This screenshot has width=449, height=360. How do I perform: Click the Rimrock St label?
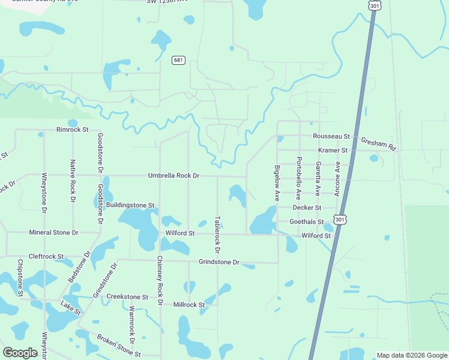(72, 130)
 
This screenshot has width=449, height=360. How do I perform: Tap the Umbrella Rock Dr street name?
(173, 176)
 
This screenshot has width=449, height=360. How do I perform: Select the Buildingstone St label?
(130, 205)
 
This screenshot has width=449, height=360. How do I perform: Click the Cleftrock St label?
(46, 256)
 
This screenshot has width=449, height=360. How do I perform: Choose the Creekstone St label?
(127, 297)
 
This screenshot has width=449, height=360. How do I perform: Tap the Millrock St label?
(189, 305)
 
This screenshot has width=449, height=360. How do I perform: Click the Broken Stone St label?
(118, 345)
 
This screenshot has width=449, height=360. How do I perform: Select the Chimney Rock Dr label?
(160, 281)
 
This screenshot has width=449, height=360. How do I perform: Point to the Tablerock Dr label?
(217, 234)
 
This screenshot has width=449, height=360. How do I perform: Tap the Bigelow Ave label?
(277, 183)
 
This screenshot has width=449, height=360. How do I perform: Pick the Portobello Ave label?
(298, 178)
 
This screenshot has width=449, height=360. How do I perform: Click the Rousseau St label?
(331, 137)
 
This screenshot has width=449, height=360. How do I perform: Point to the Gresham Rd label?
(379, 143)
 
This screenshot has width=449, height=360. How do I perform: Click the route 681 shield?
(178, 60)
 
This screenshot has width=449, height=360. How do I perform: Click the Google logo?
(20, 353)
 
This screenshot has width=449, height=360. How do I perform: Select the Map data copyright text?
(411, 355)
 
